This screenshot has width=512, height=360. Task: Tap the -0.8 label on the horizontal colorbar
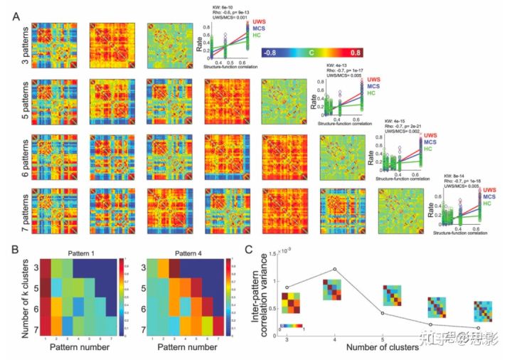pyautogui.click(x=270, y=52)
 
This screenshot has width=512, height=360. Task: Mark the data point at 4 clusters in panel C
pyautogui.click(x=334, y=269)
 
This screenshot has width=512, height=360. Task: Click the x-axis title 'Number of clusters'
pyautogui.click(x=384, y=349)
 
